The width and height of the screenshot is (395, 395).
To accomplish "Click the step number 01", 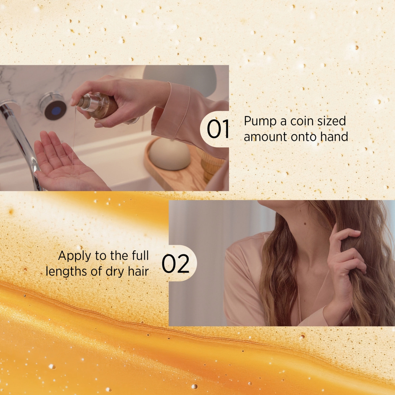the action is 218,129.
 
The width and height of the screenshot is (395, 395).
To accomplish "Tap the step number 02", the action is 175,264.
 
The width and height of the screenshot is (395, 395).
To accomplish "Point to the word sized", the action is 332,122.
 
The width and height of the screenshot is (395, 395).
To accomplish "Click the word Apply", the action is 74,257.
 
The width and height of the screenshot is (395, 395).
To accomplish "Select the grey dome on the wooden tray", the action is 170,154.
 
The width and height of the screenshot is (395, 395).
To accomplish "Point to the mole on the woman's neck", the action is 305,224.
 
